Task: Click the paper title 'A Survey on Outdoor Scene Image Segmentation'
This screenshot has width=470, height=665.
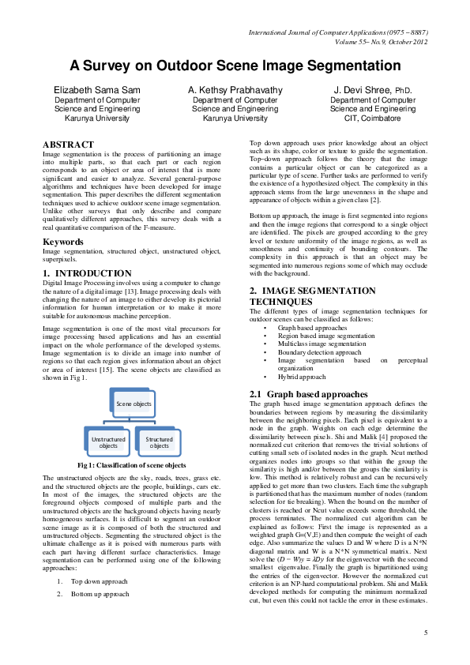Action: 235,66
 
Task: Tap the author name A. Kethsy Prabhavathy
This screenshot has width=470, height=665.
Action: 235,91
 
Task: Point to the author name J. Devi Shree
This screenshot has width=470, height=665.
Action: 372,91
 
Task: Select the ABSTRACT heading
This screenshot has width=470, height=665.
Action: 68,144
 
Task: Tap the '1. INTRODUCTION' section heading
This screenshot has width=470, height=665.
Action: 87,273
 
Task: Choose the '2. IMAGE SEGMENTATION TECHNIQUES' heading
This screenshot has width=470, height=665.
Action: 312,296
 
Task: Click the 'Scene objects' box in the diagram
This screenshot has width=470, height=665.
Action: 134,404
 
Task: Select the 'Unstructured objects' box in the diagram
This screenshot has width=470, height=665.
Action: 108,442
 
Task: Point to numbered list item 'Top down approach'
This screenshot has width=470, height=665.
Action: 100,580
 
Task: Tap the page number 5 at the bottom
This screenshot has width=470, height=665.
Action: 425,633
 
